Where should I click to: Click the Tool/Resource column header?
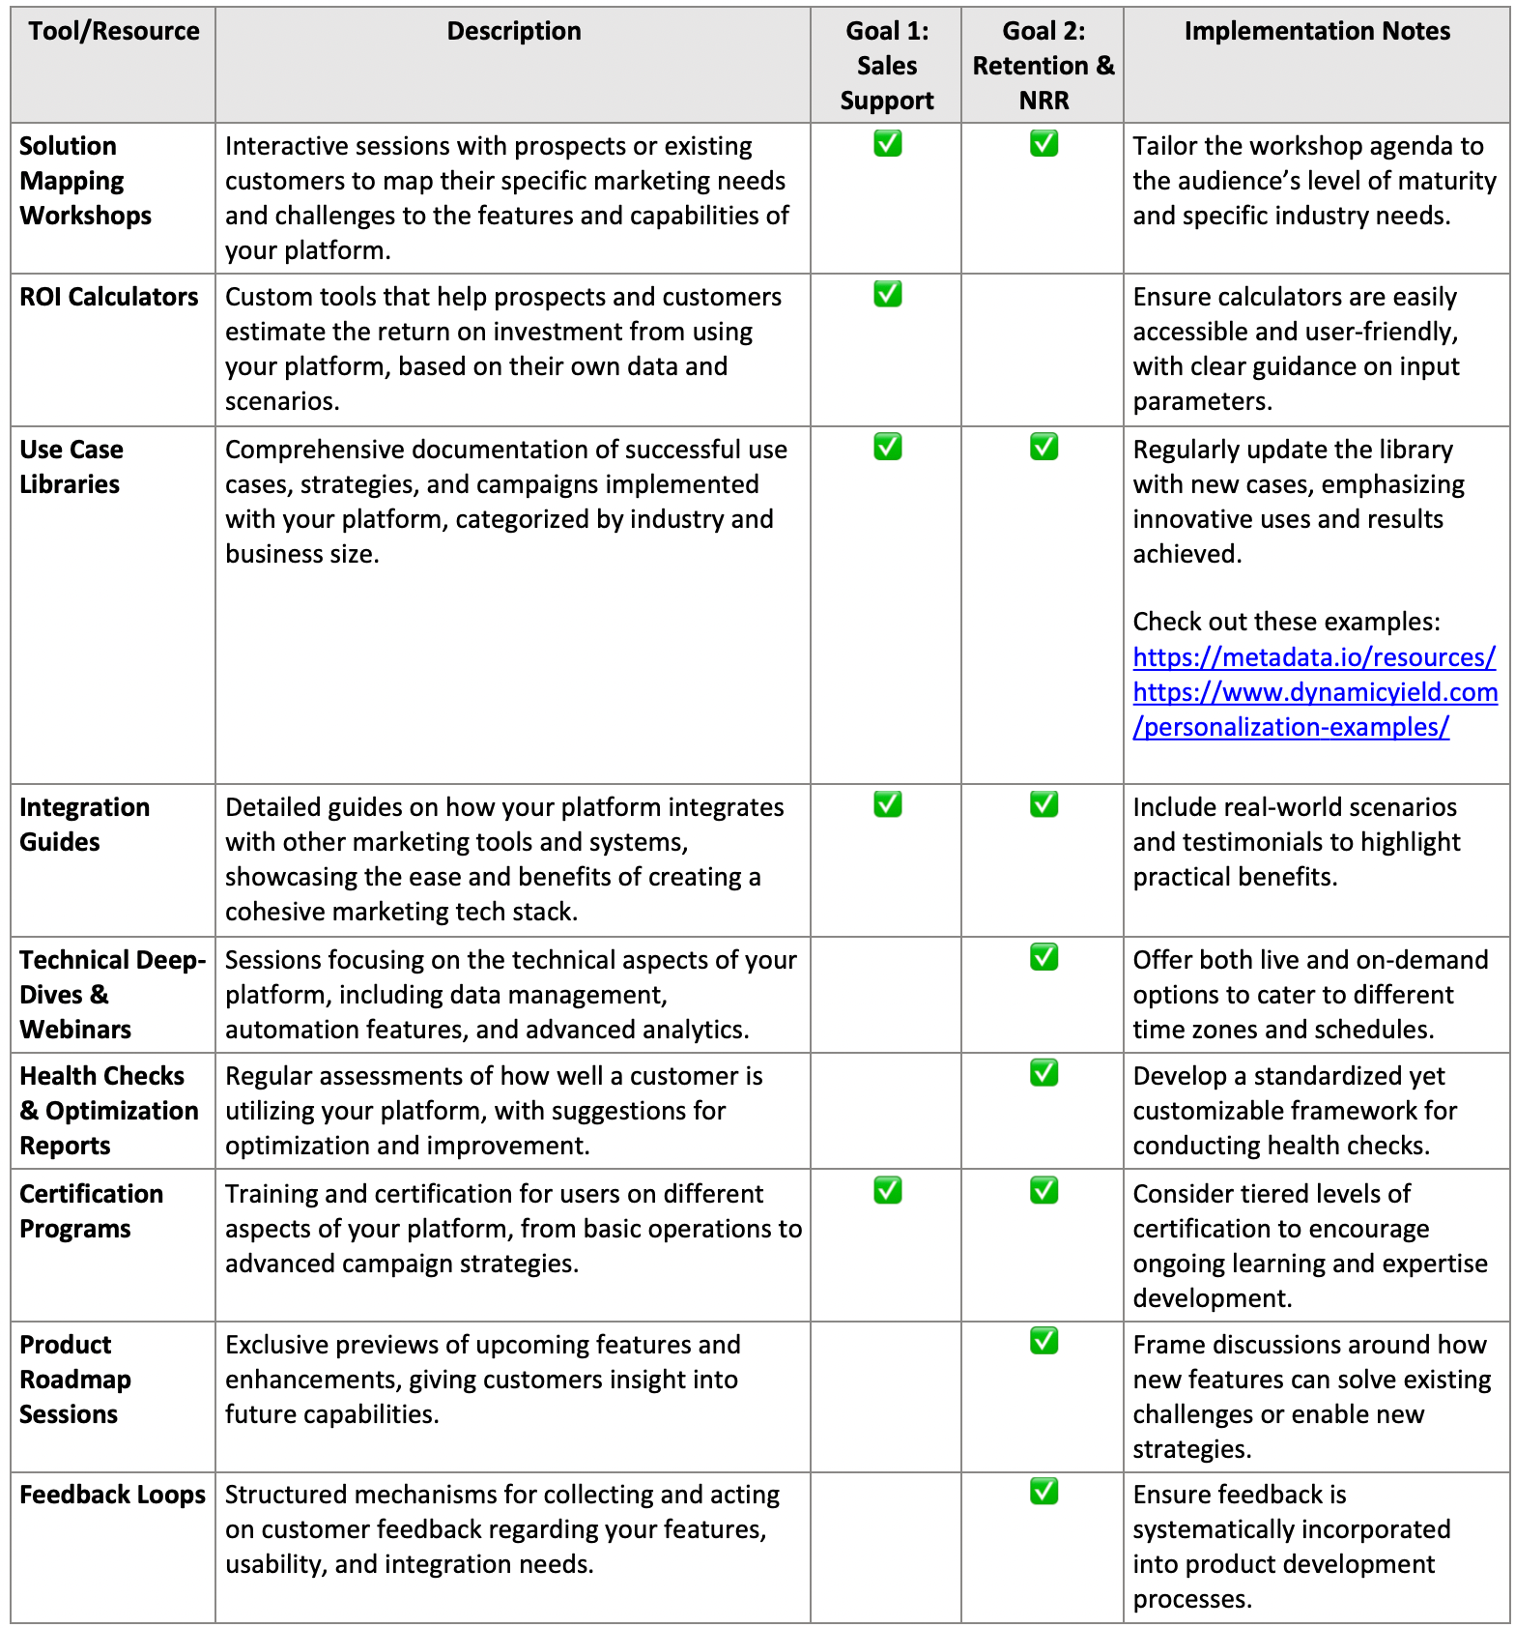pyautogui.click(x=114, y=31)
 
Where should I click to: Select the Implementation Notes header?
pyautogui.click(x=1317, y=31)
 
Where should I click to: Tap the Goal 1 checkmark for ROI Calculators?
pyautogui.click(x=887, y=294)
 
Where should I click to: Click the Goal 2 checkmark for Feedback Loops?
pyautogui.click(x=1043, y=1491)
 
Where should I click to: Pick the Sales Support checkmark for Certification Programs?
pyautogui.click(x=887, y=1190)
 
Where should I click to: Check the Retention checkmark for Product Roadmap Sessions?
pyautogui.click(x=1043, y=1341)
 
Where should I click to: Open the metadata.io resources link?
pyautogui.click(x=1314, y=657)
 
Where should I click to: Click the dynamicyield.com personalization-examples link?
pyautogui.click(x=1315, y=710)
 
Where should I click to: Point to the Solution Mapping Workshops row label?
pyautogui.click(x=85, y=181)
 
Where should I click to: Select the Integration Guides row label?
pyautogui.click(x=84, y=825)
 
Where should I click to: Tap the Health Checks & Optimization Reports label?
pyautogui.click(x=108, y=1111)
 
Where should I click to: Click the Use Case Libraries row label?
pyautogui.click(x=71, y=467)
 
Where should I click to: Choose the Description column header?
pyautogui.click(x=514, y=31)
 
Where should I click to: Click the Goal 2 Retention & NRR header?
pyautogui.click(x=1043, y=66)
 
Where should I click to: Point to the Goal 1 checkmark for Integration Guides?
pyautogui.click(x=887, y=804)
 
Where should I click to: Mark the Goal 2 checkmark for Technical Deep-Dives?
pyautogui.click(x=1043, y=957)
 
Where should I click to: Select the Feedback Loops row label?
pyautogui.click(x=112, y=1495)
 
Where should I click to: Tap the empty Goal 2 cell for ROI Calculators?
pyautogui.click(x=1043, y=349)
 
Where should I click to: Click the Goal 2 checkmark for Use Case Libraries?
pyautogui.click(x=1043, y=447)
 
